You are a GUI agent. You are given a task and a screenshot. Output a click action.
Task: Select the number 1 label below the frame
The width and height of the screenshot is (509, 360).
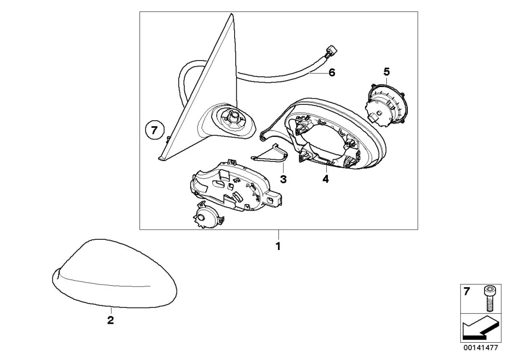278,246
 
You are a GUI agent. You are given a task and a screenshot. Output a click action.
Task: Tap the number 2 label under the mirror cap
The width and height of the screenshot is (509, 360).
110,320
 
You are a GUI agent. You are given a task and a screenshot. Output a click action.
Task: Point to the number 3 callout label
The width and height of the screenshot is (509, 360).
284,179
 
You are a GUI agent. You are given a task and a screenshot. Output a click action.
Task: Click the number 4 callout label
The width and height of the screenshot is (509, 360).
326,179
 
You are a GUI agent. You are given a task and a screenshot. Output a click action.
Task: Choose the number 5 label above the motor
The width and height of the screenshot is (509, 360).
386,71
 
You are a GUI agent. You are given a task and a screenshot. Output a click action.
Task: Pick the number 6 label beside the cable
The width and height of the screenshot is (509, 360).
331,72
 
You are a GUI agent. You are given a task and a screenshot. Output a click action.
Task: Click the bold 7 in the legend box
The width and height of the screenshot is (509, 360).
466,292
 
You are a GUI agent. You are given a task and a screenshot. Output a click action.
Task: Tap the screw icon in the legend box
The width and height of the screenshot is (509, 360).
488,298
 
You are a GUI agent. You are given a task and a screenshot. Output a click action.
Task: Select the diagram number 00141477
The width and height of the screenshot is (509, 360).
480,348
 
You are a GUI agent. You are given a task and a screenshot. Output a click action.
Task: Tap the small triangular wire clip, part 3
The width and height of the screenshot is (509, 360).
269,153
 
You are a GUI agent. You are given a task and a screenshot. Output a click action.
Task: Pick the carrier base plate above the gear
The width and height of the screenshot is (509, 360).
235,185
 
